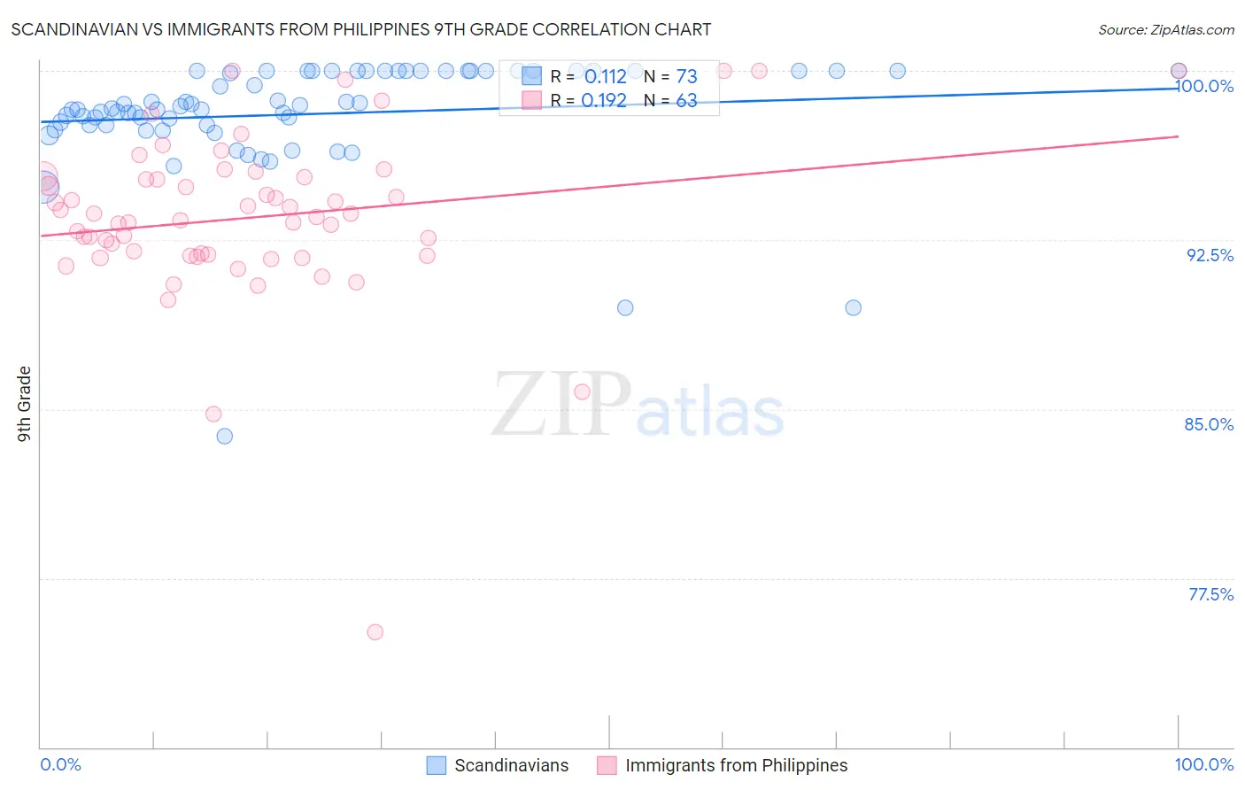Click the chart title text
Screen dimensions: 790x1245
361,29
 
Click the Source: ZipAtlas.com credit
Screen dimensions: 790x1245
1165,29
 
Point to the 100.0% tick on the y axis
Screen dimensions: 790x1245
1204,86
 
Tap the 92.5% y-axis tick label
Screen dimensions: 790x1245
1210,255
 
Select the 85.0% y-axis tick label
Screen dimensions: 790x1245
1209,424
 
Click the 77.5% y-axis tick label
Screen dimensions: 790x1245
1210,594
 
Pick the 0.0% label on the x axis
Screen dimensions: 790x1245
60,764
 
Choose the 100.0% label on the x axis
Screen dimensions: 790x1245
1203,764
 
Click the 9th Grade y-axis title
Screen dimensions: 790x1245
24,403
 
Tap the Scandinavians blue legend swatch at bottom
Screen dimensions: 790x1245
436,765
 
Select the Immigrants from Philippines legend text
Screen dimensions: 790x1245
736,765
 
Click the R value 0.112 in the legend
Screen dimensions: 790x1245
605,76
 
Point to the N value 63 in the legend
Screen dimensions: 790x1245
686,100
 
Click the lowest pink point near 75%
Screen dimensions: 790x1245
375,632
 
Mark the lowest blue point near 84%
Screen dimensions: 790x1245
225,437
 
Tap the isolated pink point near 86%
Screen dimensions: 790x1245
582,391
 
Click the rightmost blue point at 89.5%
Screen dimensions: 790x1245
853,308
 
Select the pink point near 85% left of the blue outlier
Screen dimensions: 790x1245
213,414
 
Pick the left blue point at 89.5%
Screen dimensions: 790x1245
625,308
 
